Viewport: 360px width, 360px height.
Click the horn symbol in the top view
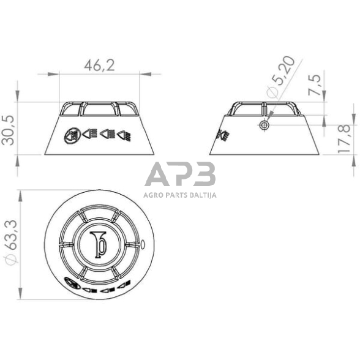[x=98, y=243]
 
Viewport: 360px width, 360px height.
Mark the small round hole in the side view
[x=263, y=125]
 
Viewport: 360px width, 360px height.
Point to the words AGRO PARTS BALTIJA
[x=180, y=195]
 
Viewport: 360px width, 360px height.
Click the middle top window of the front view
[x=99, y=108]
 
